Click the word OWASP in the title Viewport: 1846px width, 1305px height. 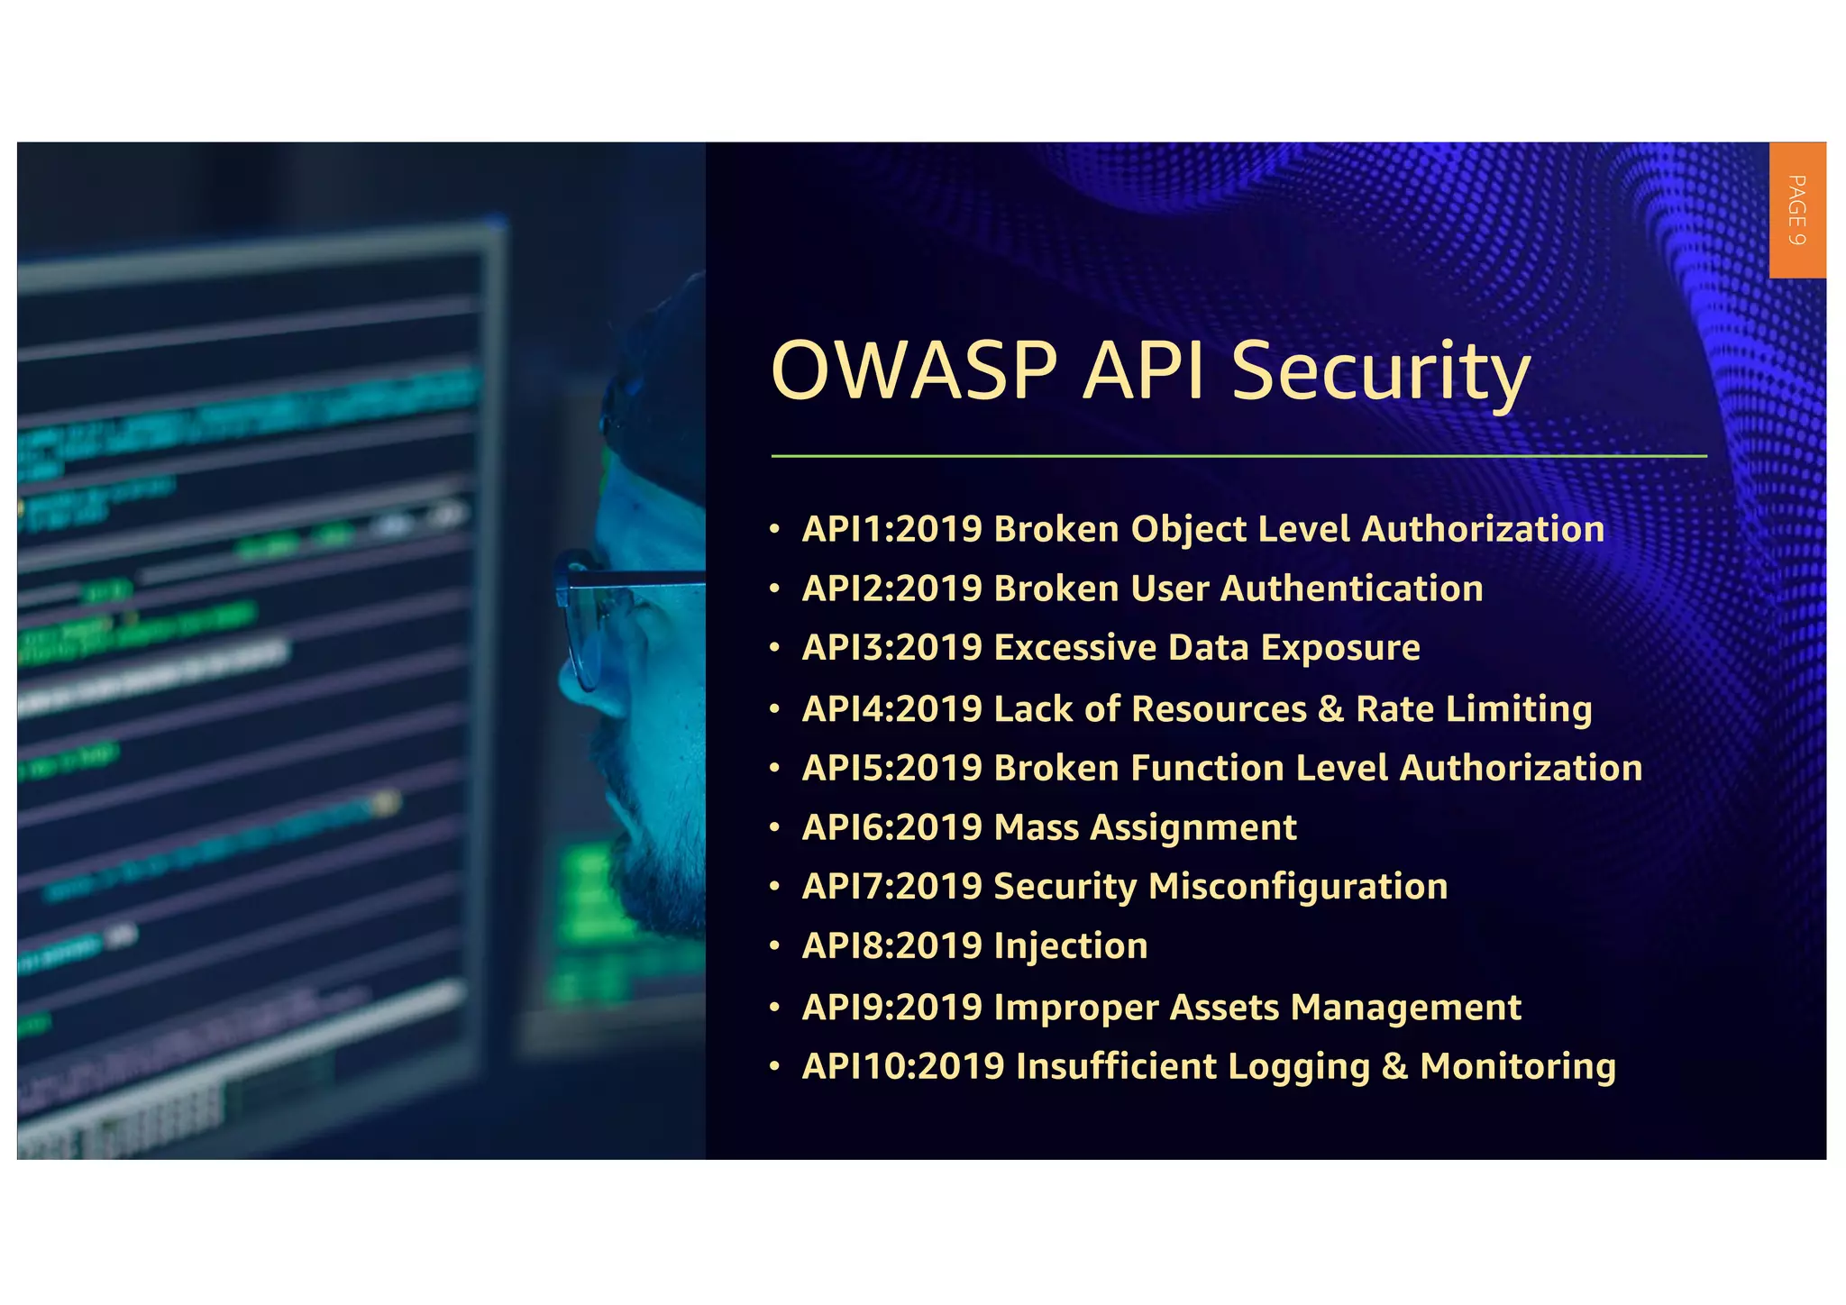pos(913,370)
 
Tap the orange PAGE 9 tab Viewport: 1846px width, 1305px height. pos(1796,210)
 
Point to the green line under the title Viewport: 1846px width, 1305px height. pos(1238,456)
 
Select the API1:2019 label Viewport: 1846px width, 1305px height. pos(891,529)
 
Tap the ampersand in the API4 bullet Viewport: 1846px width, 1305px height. pos(1330,708)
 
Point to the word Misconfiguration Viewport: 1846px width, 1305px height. pos(1298,887)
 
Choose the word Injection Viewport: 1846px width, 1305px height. pos(1070,946)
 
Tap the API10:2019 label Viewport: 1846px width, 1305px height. pos(903,1066)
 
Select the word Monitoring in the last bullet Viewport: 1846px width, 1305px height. pos(1517,1066)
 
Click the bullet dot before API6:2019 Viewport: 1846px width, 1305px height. pos(774,827)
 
